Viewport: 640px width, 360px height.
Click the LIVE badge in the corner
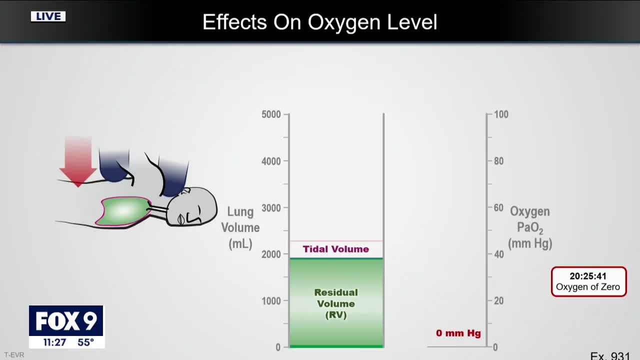click(48, 16)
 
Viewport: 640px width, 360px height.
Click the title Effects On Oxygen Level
click(320, 22)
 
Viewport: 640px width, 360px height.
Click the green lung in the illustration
click(122, 211)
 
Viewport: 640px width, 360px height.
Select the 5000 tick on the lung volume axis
click(271, 114)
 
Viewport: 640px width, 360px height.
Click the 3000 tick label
click(271, 207)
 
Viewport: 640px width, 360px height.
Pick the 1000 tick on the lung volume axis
click(271, 301)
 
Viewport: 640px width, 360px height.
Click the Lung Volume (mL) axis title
click(240, 227)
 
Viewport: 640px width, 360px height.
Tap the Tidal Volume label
click(335, 249)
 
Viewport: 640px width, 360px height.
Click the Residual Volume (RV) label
click(336, 303)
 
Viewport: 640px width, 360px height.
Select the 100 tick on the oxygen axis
click(501, 114)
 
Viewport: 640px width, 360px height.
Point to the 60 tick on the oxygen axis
click(498, 207)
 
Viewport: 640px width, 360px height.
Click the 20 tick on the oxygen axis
click(498, 301)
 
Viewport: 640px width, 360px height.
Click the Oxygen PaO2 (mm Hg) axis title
click(530, 227)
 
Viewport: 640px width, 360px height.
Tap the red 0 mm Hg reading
click(458, 333)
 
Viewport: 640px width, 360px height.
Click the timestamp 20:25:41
click(588, 276)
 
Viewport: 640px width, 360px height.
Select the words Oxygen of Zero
click(588, 287)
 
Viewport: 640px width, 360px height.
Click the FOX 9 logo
click(66, 321)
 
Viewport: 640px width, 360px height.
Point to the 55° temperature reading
click(86, 342)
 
